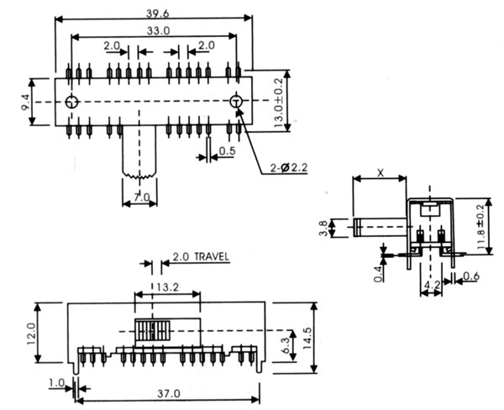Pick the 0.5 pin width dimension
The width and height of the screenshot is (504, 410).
(x=228, y=151)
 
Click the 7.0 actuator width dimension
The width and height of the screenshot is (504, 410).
(x=141, y=197)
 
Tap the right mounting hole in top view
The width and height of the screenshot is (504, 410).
(x=236, y=102)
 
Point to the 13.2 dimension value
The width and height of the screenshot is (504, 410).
(x=168, y=286)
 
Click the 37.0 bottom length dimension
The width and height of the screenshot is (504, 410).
(x=169, y=393)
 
